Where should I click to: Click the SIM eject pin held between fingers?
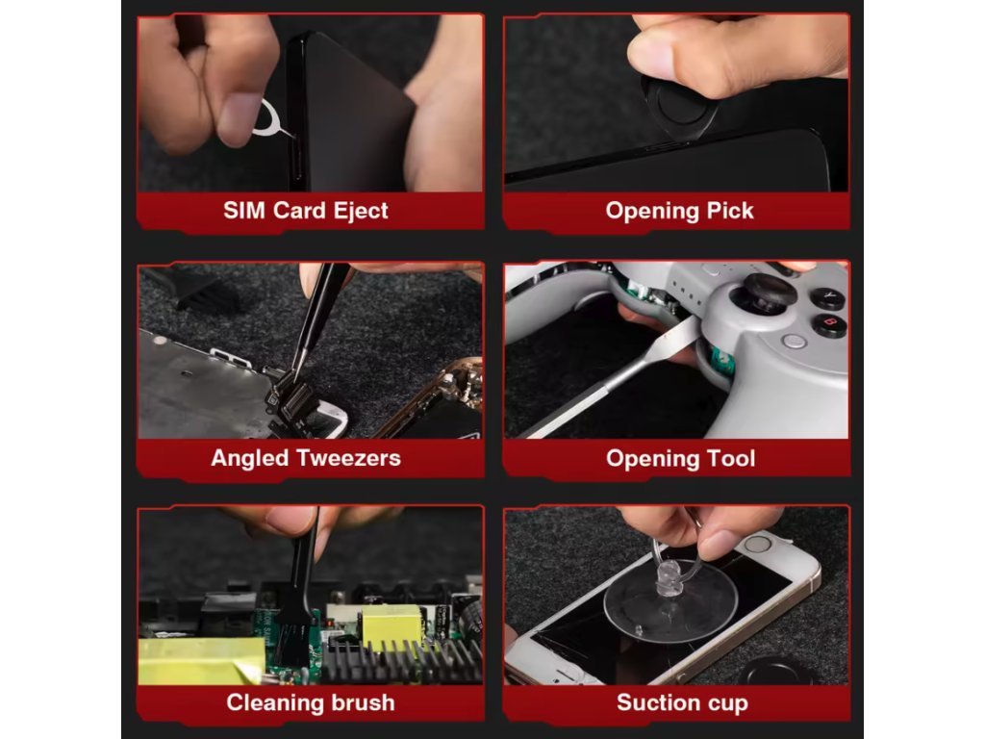pos(266,120)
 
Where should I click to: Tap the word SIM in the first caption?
pos(243,210)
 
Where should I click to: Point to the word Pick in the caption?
pos(730,211)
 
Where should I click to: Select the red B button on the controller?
pos(830,324)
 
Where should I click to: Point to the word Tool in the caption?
pos(731,458)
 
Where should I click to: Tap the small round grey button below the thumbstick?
pos(795,342)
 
